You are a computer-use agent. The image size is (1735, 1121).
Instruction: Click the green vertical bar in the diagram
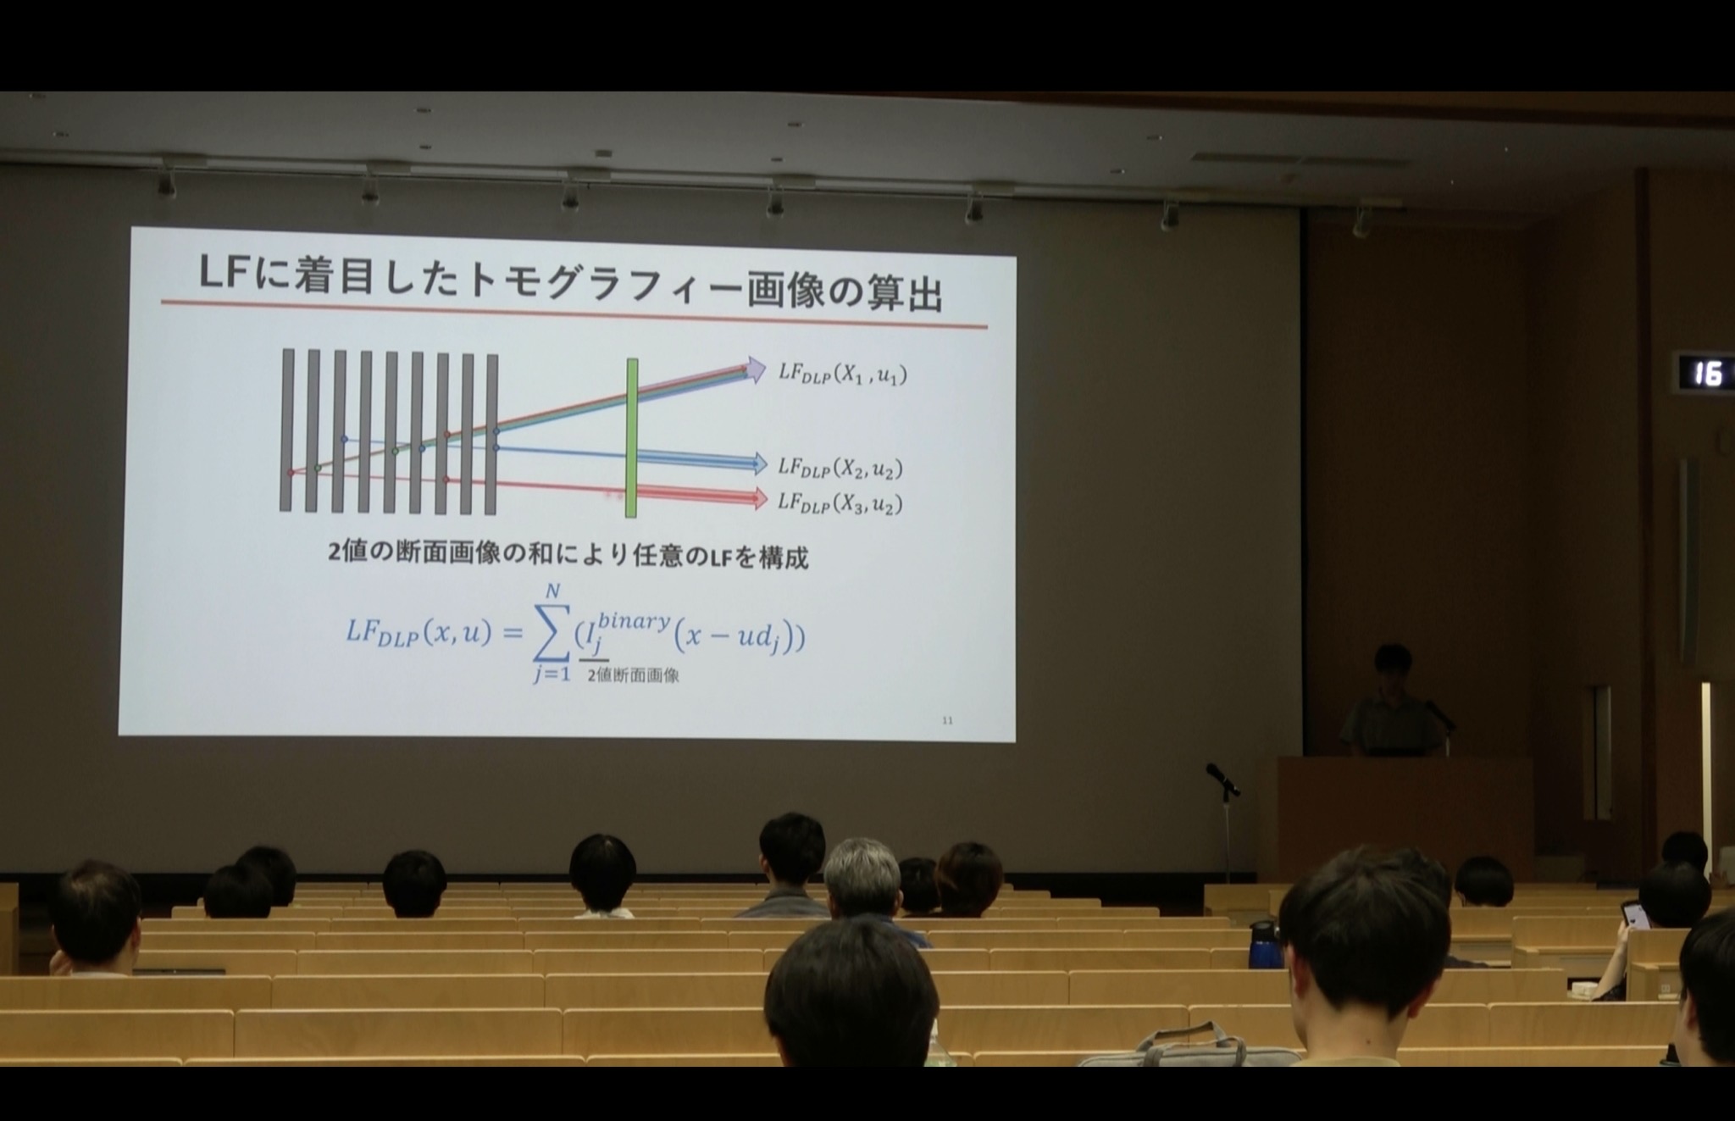pyautogui.click(x=631, y=437)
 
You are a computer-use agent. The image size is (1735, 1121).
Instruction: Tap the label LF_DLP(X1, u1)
pyautogui.click(x=842, y=374)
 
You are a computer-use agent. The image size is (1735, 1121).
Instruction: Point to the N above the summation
pyautogui.click(x=552, y=591)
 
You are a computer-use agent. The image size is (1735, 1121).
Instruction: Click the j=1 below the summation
pyautogui.click(x=552, y=675)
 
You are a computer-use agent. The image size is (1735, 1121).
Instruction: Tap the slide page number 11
pyautogui.click(x=947, y=720)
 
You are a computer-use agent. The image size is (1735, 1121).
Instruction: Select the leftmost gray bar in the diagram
pyautogui.click(x=286, y=430)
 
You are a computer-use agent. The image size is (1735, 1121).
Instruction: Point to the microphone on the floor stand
pyautogui.click(x=1222, y=779)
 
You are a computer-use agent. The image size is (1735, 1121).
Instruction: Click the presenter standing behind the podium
pyautogui.click(x=1391, y=702)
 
